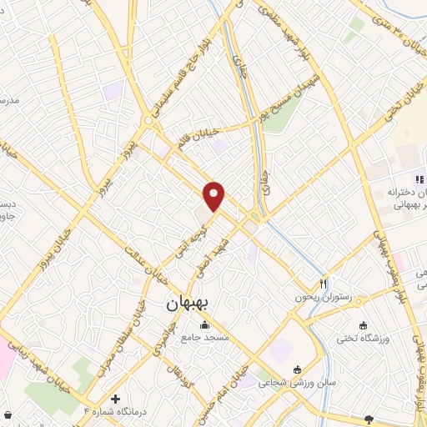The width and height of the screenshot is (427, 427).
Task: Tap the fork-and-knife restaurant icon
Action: pyautogui.click(x=323, y=283)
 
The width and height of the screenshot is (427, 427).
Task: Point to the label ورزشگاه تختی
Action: pyautogui.click(x=362, y=339)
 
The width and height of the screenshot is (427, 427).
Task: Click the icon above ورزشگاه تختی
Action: pyautogui.click(x=362, y=325)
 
